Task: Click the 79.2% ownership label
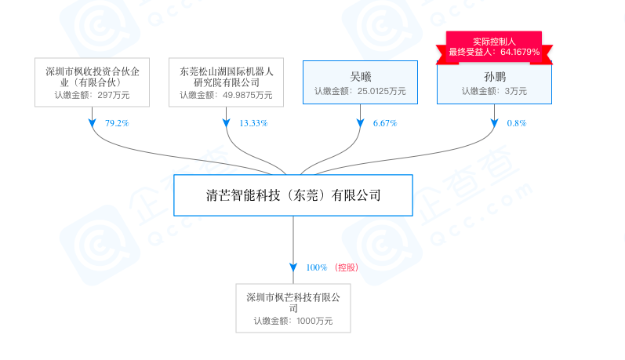pyautogui.click(x=117, y=123)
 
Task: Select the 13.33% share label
pyautogui.click(x=253, y=123)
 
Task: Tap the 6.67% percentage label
pyautogui.click(x=385, y=123)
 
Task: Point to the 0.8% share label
pyautogui.click(x=517, y=123)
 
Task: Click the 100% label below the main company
pyautogui.click(x=317, y=267)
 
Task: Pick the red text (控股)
pyautogui.click(x=347, y=267)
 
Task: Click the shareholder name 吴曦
pyautogui.click(x=360, y=77)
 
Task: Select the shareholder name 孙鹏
pyautogui.click(x=495, y=77)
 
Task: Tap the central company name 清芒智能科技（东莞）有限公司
pyautogui.click(x=293, y=195)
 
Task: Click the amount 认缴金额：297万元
pyautogui.click(x=92, y=95)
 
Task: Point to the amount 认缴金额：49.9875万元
pyautogui.click(x=226, y=95)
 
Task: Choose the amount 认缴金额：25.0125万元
pyautogui.click(x=360, y=91)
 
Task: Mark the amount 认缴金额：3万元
pyautogui.click(x=494, y=91)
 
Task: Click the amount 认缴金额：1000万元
pyautogui.click(x=293, y=321)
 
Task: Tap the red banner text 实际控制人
pyautogui.click(x=494, y=42)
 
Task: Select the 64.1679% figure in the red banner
pyautogui.click(x=520, y=52)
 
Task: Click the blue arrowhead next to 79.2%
pyautogui.click(x=92, y=123)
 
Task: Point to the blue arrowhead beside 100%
pyautogui.click(x=293, y=267)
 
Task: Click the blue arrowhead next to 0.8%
pyautogui.click(x=494, y=123)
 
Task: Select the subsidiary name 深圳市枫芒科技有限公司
pyautogui.click(x=293, y=303)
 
